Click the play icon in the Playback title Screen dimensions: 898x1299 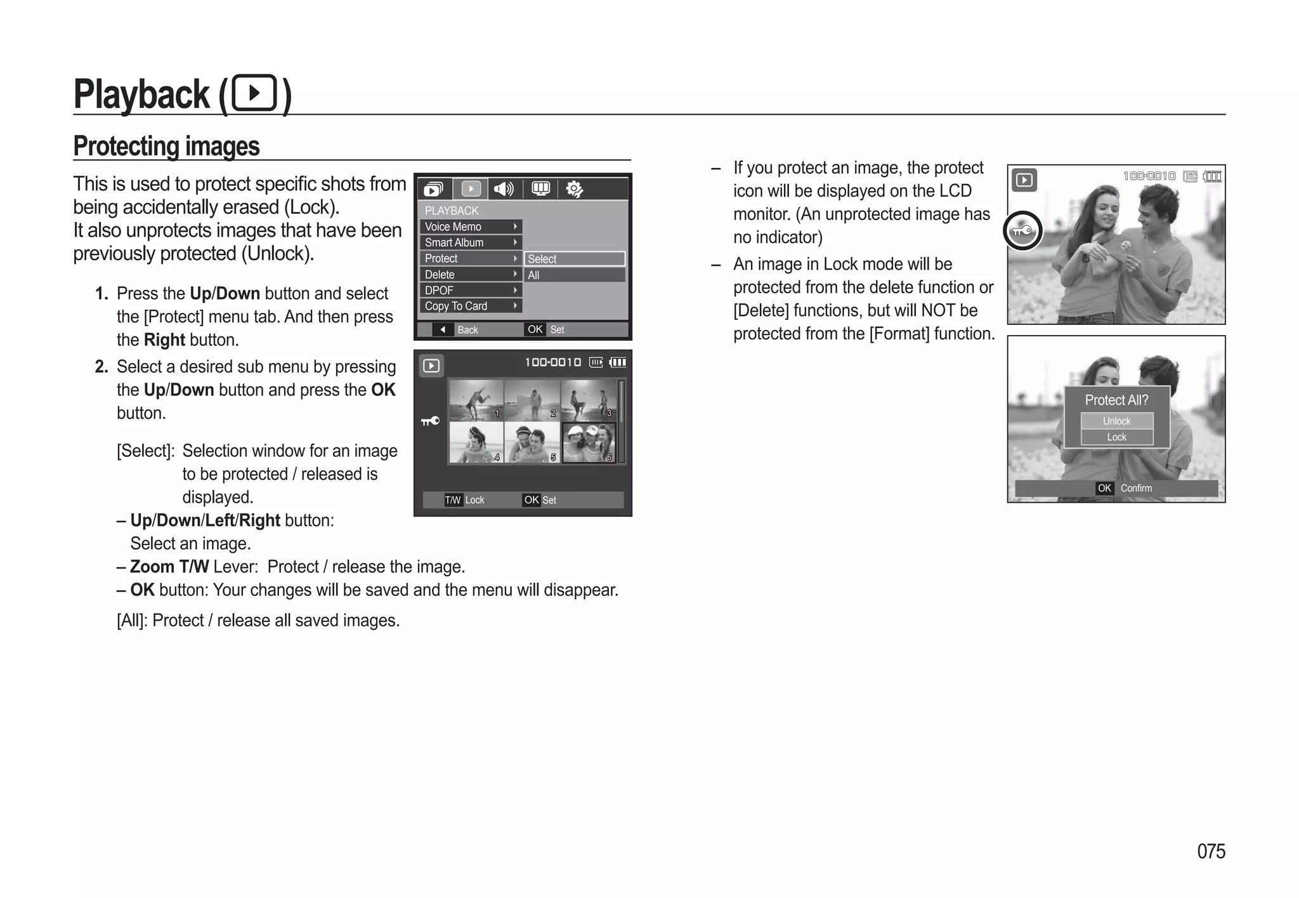tap(254, 93)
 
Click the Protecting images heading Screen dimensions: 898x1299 tap(166, 146)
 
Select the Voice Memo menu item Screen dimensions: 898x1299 tap(470, 227)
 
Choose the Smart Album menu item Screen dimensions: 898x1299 tap(470, 242)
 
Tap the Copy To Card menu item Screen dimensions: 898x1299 tap(470, 306)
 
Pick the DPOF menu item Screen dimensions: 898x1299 tap(470, 290)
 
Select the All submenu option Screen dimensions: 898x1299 tap(573, 275)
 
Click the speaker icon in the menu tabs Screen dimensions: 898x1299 tap(504, 188)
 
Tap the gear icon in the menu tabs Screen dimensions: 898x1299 tap(574, 189)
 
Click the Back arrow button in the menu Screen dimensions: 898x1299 tap(443, 329)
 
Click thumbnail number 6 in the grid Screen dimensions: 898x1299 tap(589, 442)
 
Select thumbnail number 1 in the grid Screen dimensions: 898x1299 tap(476, 400)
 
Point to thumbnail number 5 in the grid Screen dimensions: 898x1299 tap(532, 442)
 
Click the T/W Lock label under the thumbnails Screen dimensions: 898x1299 tap(465, 500)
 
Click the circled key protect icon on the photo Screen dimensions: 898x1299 tap(1022, 231)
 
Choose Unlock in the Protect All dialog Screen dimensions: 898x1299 tap(1116, 421)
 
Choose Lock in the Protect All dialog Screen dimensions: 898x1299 tap(1116, 437)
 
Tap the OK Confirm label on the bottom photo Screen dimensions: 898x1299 tap(1124, 488)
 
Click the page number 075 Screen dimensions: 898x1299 tap(1210, 851)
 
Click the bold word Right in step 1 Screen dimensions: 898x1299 tap(164, 340)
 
